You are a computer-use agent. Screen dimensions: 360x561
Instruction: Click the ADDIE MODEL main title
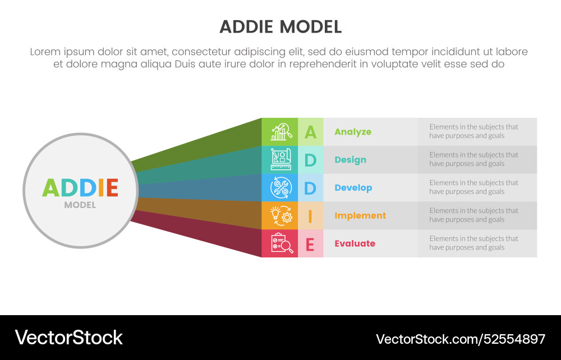(280, 27)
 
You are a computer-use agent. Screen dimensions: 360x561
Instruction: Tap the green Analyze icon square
(280, 132)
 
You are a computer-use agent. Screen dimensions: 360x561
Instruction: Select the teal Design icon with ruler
(280, 160)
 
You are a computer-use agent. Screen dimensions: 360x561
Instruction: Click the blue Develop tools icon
(280, 188)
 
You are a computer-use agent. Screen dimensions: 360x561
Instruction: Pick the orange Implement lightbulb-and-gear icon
(280, 215)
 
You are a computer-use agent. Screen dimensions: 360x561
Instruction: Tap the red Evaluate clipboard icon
(280, 243)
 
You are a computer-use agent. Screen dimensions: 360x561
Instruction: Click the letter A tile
(310, 132)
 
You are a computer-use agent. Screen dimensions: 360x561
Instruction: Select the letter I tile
(310, 215)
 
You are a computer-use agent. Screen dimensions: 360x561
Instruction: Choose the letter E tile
(310, 243)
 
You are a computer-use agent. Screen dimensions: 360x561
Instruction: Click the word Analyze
(353, 132)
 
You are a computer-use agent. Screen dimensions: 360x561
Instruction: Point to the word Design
(350, 160)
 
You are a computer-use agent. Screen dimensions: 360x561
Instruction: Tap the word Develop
(353, 188)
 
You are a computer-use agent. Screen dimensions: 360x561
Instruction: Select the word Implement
(360, 215)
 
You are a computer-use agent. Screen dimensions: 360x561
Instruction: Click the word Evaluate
(355, 243)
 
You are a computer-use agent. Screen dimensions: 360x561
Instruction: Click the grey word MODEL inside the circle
(80, 205)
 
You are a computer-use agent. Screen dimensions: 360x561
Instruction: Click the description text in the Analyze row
(474, 131)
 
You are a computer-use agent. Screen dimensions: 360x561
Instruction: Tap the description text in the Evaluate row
(474, 243)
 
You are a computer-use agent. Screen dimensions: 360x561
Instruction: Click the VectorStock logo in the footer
(68, 338)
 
